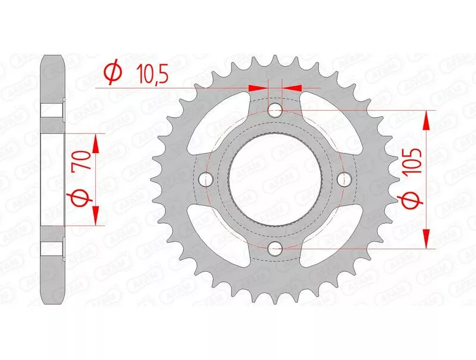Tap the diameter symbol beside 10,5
(113, 74)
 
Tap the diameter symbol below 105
(411, 201)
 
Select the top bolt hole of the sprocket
(275, 110)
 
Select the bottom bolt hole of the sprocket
(275, 249)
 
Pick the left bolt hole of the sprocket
(205, 179)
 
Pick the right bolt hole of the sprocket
(345, 179)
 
